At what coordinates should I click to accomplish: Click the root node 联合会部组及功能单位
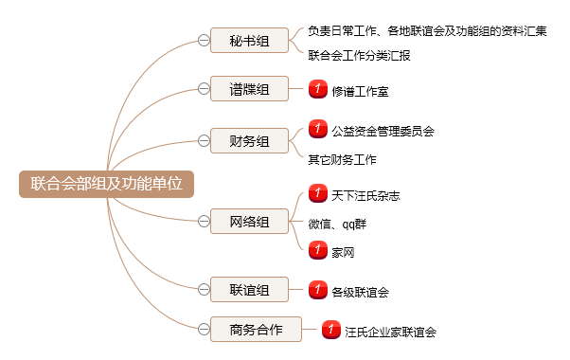point(106,184)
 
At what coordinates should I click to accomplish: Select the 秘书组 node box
point(249,41)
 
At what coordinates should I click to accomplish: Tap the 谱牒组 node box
point(249,89)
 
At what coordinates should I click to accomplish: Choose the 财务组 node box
point(249,141)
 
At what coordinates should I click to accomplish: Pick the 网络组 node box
point(249,222)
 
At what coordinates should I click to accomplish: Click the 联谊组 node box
point(249,289)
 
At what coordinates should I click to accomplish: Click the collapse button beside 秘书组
point(204,41)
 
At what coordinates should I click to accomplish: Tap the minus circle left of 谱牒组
point(204,89)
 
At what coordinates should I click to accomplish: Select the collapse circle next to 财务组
point(204,141)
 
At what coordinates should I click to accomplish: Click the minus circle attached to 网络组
point(204,222)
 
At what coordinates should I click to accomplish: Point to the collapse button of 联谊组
point(204,289)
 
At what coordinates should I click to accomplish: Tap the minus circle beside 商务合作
point(204,330)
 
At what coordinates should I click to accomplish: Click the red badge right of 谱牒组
point(318,88)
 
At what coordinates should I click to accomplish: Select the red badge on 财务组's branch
point(318,128)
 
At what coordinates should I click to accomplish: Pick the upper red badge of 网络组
point(318,193)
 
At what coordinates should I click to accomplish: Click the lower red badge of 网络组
point(318,249)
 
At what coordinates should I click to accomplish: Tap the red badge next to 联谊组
point(318,289)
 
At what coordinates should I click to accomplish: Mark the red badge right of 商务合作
point(330,329)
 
